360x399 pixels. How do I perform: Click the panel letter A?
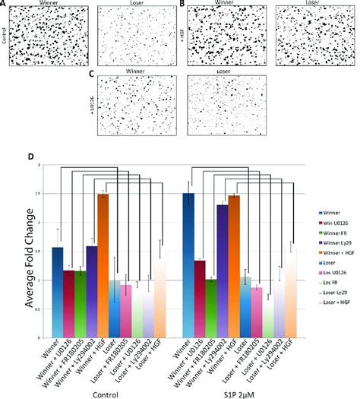coord(5,5)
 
